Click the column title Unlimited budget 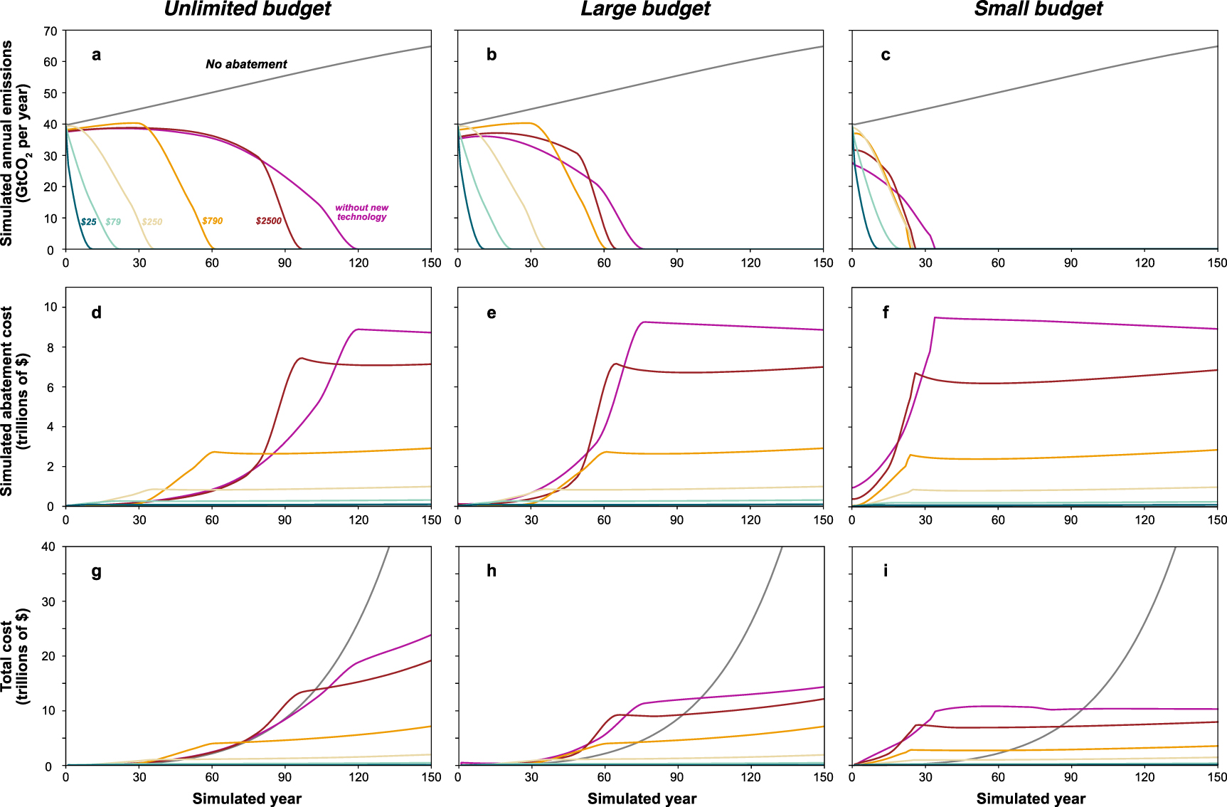coord(248,9)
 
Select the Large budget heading coord(645,9)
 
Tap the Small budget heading coord(1039,9)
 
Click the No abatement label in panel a coord(246,64)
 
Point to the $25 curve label coord(88,222)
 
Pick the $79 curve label coord(113,222)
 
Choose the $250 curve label coord(152,222)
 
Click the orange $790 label coord(212,221)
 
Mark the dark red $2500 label coord(268,221)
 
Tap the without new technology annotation coord(361,212)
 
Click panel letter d coord(96,313)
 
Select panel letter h coord(491,571)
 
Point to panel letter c coord(885,55)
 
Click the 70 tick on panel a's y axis coord(50,31)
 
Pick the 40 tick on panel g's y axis coord(48,547)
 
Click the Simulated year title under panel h coord(642,798)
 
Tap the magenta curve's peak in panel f coord(935,317)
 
